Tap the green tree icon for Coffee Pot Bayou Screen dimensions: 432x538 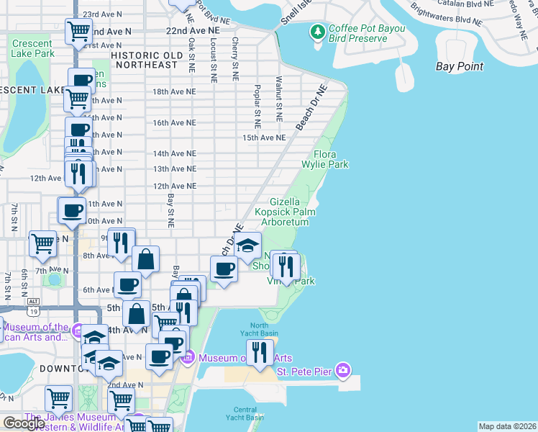316,31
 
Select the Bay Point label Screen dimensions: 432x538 460,66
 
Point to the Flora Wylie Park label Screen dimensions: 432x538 331,159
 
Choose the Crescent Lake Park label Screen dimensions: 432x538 32,48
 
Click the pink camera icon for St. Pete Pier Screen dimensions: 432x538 344,370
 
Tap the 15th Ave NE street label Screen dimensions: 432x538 264,137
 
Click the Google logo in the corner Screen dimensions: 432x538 24,423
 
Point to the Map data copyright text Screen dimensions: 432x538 507,426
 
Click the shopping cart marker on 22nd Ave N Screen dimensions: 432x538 78,31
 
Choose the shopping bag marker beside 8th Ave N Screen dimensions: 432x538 145,260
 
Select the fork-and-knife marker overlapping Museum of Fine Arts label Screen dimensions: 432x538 260,352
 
